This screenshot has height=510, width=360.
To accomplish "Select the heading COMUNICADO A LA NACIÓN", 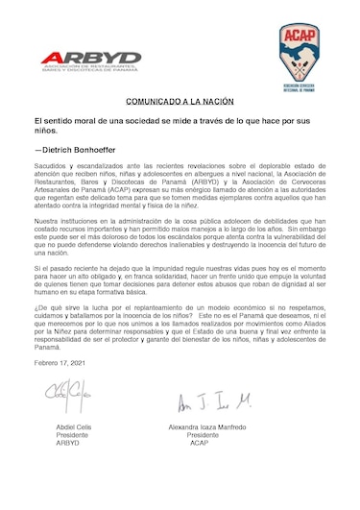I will pos(180,100).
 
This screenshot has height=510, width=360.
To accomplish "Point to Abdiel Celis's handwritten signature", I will pos(63,395).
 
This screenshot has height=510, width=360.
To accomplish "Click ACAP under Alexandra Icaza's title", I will pos(200,444).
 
